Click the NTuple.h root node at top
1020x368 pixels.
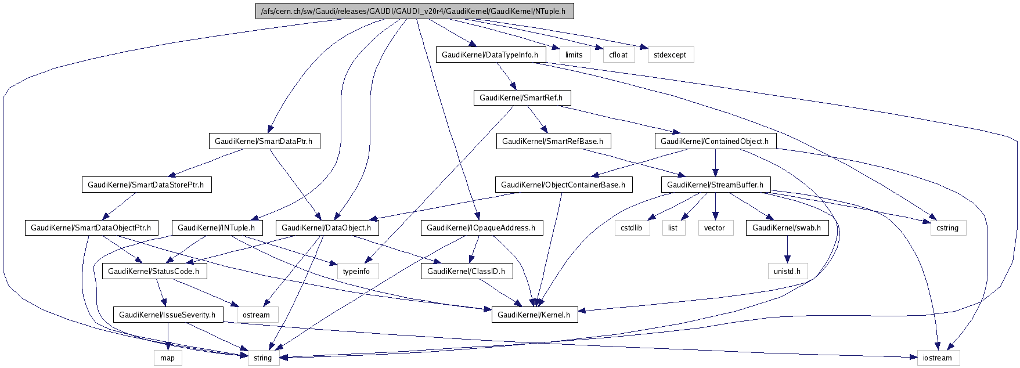[x=415, y=11]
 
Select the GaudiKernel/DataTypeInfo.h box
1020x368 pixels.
[x=490, y=55]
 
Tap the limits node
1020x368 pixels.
[x=574, y=55]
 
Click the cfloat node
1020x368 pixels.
[x=618, y=55]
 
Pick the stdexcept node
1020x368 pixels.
[x=669, y=55]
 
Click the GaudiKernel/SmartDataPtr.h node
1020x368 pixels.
[x=264, y=141]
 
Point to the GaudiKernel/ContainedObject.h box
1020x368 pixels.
[x=714, y=141]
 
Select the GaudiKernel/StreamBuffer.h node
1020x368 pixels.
[x=715, y=185]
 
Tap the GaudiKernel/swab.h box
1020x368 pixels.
[x=787, y=228]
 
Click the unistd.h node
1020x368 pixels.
[x=787, y=271]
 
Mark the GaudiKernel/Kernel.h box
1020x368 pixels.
[x=535, y=315]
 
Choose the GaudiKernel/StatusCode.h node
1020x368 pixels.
[x=153, y=271]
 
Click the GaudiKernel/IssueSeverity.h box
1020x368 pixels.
[x=167, y=315]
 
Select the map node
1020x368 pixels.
[x=167, y=358]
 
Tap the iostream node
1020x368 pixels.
[x=938, y=358]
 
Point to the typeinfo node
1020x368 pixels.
[x=356, y=271]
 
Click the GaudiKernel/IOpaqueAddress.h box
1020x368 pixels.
[x=481, y=228]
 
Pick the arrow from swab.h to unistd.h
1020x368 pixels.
[x=787, y=250]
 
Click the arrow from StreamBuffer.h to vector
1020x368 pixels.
[x=715, y=206]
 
